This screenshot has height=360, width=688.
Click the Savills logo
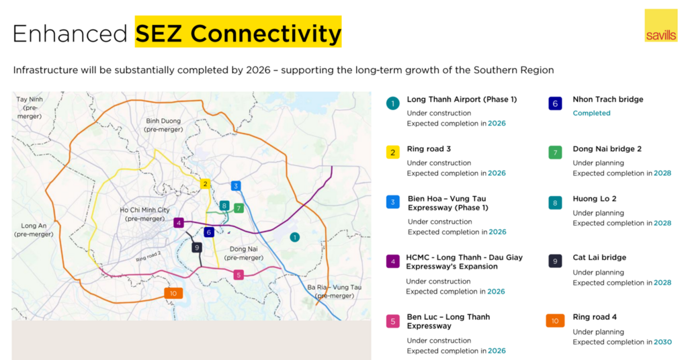[x=661, y=26]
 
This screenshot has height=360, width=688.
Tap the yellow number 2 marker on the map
[x=205, y=184]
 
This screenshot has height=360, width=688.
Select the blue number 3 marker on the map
[x=236, y=186]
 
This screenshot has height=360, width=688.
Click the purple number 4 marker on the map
[x=179, y=223]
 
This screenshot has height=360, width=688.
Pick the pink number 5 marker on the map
[x=239, y=275]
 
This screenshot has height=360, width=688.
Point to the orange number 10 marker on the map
[x=173, y=294]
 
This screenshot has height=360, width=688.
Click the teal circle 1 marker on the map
[x=295, y=237]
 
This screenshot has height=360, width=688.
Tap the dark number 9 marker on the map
[x=197, y=248]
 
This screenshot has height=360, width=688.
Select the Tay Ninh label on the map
[x=30, y=107]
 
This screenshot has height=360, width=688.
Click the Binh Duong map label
[x=164, y=125]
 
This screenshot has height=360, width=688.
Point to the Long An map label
[x=34, y=230]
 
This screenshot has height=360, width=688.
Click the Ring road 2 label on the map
[x=148, y=257]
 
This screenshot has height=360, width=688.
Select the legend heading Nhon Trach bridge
[x=607, y=99]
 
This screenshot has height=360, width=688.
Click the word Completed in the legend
[x=591, y=113]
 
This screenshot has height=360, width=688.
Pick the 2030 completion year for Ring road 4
[x=662, y=342]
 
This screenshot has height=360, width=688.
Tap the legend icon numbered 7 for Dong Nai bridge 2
[x=555, y=152]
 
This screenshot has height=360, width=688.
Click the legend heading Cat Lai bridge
[x=599, y=258]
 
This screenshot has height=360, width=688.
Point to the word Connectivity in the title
[x=265, y=34]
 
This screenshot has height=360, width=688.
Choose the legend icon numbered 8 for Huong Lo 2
[x=555, y=203]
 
